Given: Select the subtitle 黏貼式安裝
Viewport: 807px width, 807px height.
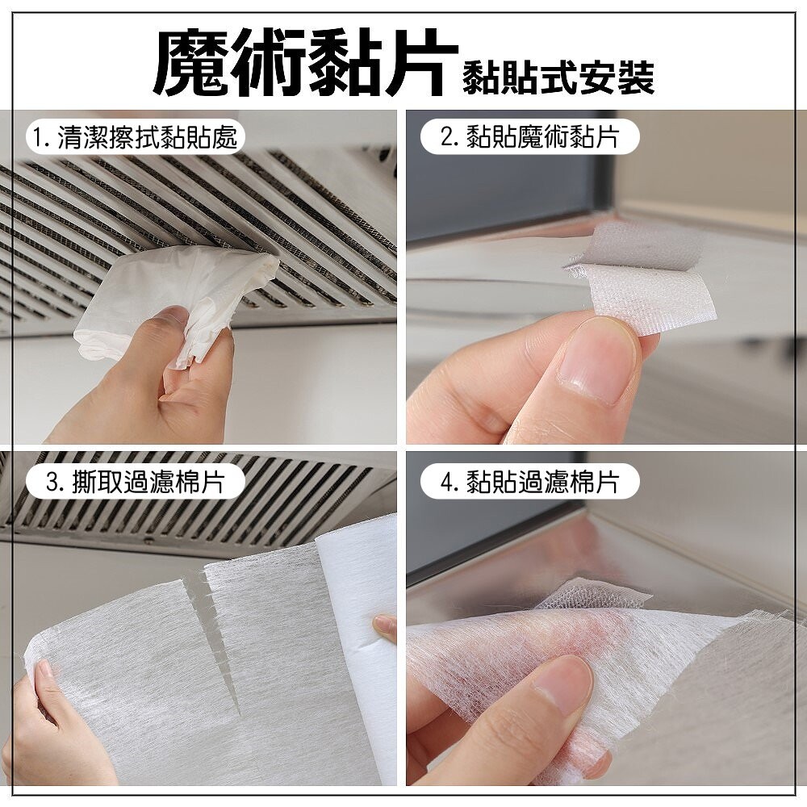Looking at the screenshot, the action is pyautogui.click(x=558, y=77).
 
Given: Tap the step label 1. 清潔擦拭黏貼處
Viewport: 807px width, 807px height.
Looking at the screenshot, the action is pyautogui.click(x=134, y=138).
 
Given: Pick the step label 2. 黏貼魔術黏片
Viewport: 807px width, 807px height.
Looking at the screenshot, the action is pyautogui.click(x=529, y=137).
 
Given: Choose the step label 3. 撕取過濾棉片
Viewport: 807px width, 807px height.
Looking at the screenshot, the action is pyautogui.click(x=135, y=483).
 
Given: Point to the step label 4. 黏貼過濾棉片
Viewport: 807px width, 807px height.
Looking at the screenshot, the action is pyautogui.click(x=529, y=483).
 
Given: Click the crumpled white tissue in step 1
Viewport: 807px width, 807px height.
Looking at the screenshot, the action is pyautogui.click(x=175, y=303).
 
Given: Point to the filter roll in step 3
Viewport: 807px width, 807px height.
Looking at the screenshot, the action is pyautogui.click(x=355, y=649).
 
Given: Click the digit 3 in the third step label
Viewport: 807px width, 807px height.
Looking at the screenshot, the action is pyautogui.click(x=51, y=483).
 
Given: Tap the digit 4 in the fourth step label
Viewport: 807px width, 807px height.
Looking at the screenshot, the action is pyautogui.click(x=446, y=483).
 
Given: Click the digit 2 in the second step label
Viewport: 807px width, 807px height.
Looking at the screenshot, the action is pyautogui.click(x=446, y=138).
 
